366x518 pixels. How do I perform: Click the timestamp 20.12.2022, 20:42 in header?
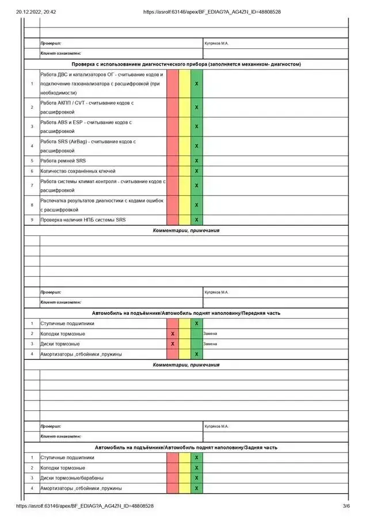click(x=32, y=12)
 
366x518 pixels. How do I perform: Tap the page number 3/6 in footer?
click(x=346, y=506)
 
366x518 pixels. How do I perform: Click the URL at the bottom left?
click(x=85, y=506)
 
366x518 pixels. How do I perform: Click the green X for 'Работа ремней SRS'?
click(x=196, y=161)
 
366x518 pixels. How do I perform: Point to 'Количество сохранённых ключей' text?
click(x=78, y=171)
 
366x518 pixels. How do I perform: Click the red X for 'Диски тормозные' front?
click(x=173, y=344)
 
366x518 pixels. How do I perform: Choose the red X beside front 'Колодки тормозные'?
click(x=173, y=334)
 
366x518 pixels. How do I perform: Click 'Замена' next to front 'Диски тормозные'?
click(x=210, y=344)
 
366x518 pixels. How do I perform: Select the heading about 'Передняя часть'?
click(x=186, y=313)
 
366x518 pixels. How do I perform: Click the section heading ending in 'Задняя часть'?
click(x=186, y=447)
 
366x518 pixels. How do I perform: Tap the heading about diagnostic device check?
click(x=186, y=64)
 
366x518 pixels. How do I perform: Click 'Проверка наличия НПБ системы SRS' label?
click(x=83, y=220)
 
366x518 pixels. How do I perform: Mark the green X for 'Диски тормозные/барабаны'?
click(x=196, y=478)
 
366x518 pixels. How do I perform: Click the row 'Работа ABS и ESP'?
click(x=86, y=127)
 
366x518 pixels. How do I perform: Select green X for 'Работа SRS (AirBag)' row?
click(x=196, y=146)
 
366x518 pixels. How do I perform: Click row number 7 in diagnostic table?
click(x=32, y=185)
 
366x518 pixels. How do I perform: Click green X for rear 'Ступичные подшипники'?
click(x=196, y=458)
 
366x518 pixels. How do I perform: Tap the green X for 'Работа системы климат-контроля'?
click(x=196, y=185)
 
